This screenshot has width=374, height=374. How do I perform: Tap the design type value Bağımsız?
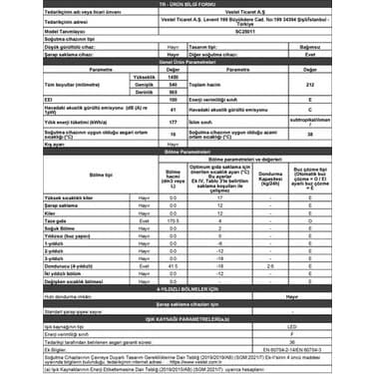311,45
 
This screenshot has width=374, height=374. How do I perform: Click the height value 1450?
145,75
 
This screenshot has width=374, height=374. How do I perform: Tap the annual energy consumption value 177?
145,122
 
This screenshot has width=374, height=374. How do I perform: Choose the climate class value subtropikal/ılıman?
311,122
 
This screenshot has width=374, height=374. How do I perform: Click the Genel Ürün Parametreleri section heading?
187,61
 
